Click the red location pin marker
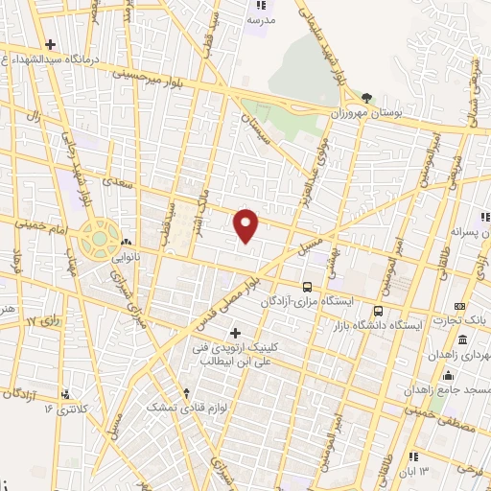click(x=246, y=225)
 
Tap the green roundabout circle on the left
click(x=99, y=238)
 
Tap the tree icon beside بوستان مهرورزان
click(x=366, y=98)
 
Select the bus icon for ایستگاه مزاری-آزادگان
click(x=307, y=286)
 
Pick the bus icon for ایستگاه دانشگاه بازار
click(x=378, y=311)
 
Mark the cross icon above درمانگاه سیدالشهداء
click(x=50, y=44)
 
